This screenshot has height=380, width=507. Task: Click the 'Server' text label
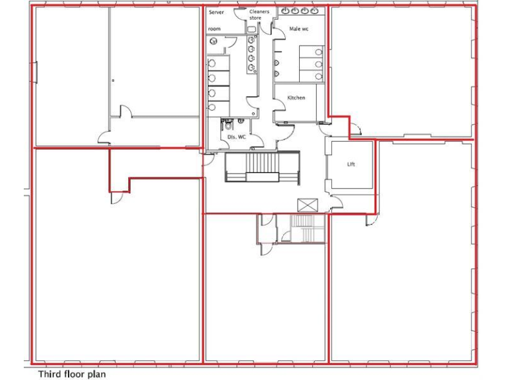coord(216,13)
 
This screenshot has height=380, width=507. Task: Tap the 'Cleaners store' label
coord(259,15)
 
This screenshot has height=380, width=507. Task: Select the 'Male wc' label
coord(299,28)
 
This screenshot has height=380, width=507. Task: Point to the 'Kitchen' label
coord(296,98)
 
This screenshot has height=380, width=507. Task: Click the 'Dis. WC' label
coord(236,137)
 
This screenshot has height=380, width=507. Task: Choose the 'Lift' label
coord(351,164)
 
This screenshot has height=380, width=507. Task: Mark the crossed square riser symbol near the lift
coord(307,205)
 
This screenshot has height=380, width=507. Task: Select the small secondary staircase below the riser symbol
coord(304,228)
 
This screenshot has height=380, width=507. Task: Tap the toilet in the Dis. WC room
coord(227,125)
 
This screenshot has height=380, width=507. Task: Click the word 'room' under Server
coord(215,29)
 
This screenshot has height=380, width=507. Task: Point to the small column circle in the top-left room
coord(114,80)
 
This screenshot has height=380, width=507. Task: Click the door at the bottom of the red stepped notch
coord(116,197)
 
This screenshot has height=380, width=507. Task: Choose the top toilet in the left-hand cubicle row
coord(213,64)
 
